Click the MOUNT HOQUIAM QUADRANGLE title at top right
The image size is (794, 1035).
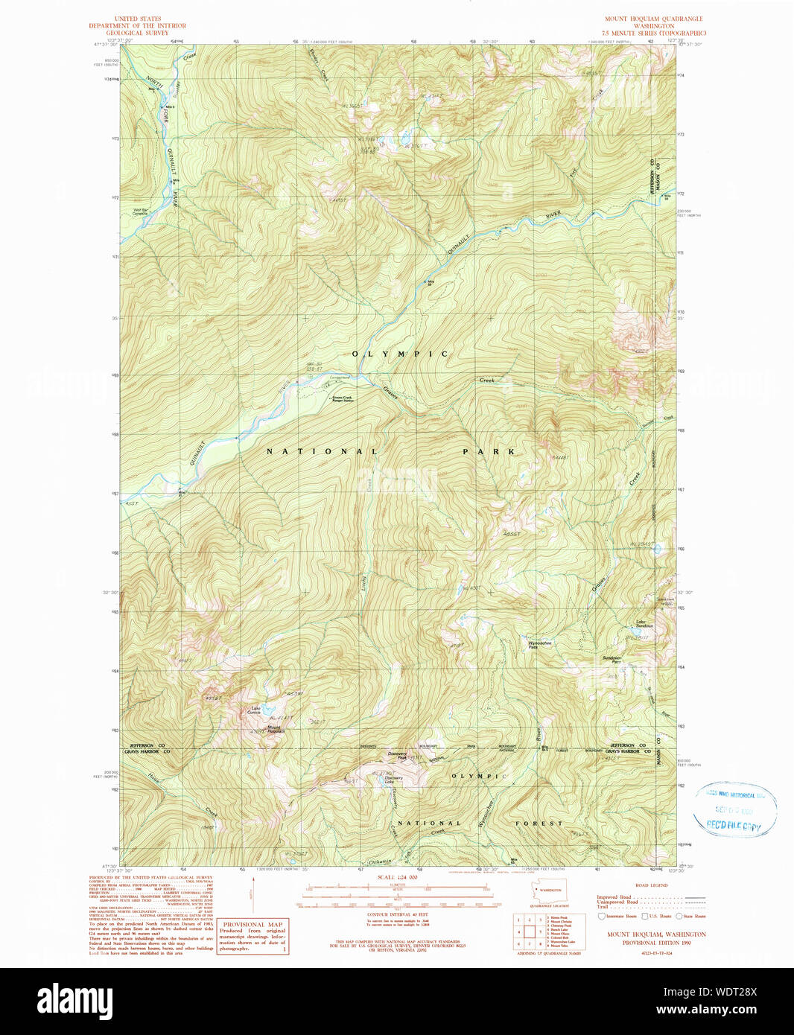(x=653, y=19)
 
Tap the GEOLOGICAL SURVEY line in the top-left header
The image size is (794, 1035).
(x=137, y=33)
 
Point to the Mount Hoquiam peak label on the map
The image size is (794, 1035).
(x=276, y=729)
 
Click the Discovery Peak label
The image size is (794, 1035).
(x=397, y=755)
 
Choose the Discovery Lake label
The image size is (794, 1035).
(x=393, y=780)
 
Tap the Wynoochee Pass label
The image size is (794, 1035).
(x=539, y=644)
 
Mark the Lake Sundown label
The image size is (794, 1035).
(x=644, y=624)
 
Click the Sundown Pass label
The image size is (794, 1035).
(x=612, y=660)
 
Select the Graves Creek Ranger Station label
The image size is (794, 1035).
(x=343, y=399)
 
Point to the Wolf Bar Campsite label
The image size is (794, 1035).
(x=140, y=211)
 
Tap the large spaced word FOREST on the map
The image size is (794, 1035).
(x=539, y=824)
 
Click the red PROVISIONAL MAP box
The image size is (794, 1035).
(x=253, y=936)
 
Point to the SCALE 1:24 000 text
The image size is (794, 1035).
(x=397, y=877)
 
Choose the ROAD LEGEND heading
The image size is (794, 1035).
(x=651, y=885)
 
